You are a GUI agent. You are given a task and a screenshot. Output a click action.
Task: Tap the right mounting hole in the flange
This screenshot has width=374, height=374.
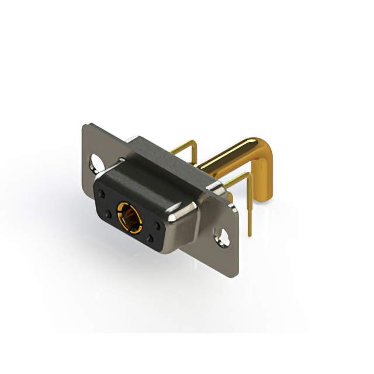(x=222, y=237)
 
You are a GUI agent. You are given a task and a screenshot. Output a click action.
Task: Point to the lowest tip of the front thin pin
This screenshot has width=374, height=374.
(x=251, y=236)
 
